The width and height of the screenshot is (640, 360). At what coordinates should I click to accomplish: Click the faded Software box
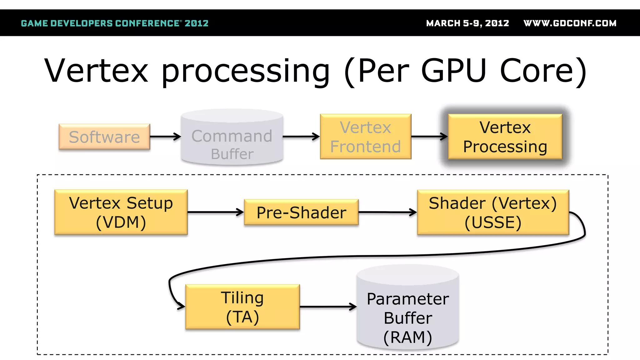(104, 137)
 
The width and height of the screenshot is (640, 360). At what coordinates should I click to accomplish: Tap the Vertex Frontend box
(365, 137)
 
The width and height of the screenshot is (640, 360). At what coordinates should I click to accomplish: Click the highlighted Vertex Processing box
(505, 137)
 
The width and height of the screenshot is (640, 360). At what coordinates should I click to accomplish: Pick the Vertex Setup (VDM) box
(121, 212)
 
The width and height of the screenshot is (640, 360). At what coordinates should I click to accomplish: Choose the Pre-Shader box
(301, 212)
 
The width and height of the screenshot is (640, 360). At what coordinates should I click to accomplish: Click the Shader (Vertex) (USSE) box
(493, 212)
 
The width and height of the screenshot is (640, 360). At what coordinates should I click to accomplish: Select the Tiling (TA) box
(242, 307)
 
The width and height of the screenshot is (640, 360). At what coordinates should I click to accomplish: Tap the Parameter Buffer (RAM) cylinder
(408, 312)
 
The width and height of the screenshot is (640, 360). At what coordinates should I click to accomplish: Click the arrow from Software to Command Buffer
(165, 137)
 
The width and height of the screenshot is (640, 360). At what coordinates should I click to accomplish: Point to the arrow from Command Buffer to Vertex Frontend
(301, 137)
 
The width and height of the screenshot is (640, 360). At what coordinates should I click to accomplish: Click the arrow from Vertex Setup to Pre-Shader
(215, 212)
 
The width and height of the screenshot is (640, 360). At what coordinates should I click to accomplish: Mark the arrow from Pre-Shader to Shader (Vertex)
(387, 212)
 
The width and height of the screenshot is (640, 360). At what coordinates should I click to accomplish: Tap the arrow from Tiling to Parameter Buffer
(328, 307)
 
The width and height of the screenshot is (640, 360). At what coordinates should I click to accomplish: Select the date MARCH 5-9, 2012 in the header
(467, 23)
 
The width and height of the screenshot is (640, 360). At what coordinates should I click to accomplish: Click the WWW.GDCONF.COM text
(570, 23)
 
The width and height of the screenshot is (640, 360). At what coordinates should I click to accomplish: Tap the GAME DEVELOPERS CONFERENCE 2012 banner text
(115, 23)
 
